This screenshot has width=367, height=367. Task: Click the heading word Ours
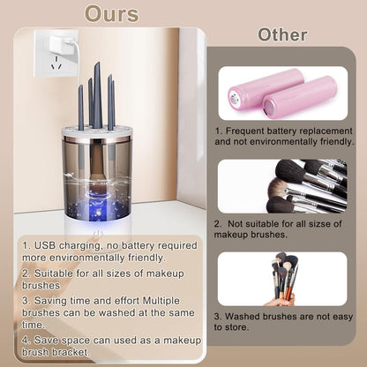click(112, 14)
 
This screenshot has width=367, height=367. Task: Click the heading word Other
click(282, 34)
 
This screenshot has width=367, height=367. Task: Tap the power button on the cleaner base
click(98, 234)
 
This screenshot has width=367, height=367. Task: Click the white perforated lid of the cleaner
click(97, 132)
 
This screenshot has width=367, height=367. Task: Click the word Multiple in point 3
click(161, 301)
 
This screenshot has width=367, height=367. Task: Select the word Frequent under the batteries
click(244, 131)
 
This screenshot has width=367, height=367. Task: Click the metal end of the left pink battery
click(234, 101)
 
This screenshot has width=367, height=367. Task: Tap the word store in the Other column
click(236, 327)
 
